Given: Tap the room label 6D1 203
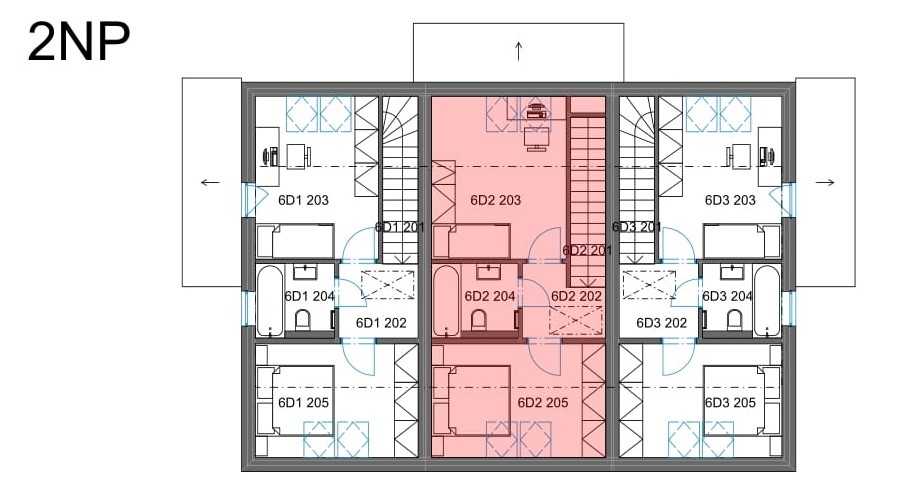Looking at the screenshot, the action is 303,200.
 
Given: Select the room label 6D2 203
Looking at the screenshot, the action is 496,200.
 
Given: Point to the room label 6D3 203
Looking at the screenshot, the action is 730,200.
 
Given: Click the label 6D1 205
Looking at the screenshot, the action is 303,402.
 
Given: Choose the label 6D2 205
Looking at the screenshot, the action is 543,402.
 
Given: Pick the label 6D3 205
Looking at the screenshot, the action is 730,402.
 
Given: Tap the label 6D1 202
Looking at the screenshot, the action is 381,323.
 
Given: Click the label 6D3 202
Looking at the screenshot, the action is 662,323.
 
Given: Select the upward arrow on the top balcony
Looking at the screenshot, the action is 519,51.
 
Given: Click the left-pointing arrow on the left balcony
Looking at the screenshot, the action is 210,182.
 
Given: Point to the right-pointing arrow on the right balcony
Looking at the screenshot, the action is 825,182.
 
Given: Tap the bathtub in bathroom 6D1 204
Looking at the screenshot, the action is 270,301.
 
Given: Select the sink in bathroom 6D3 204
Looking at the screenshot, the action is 732,272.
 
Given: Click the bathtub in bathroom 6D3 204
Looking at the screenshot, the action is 767,301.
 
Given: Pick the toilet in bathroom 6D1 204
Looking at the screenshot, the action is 303,321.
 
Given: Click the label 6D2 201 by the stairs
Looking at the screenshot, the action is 587,250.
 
